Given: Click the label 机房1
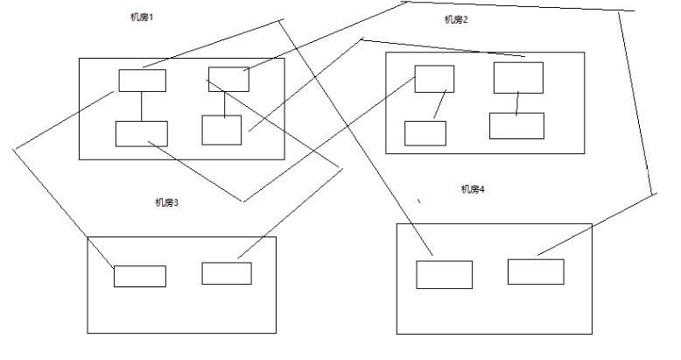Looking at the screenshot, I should point(140,18).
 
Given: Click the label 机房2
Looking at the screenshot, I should point(456,20).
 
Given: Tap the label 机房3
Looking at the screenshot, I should point(166,202).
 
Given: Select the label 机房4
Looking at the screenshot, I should point(473,188).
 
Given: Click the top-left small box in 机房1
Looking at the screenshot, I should point(142,81).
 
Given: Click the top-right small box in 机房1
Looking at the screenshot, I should point(228,79).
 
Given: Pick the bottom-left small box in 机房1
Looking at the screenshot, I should point(141,133).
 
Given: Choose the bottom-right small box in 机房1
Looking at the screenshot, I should point(221,130).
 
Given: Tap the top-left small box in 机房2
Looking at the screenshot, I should point(434,78).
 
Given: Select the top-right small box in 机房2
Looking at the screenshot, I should point(518,77).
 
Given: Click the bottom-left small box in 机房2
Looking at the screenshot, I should point(425,133).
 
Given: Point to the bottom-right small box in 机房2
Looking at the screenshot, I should point(516,125).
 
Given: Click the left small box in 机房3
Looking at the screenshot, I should point(139,276).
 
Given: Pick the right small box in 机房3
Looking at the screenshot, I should point(227,273).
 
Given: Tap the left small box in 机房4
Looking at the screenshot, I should point(444,274).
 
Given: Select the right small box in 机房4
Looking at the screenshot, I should point(536,272).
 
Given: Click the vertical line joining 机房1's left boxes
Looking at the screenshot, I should point(142,106).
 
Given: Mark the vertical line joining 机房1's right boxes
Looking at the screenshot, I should point(225,103).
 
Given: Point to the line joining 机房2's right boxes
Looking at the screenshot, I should point(517,102).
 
